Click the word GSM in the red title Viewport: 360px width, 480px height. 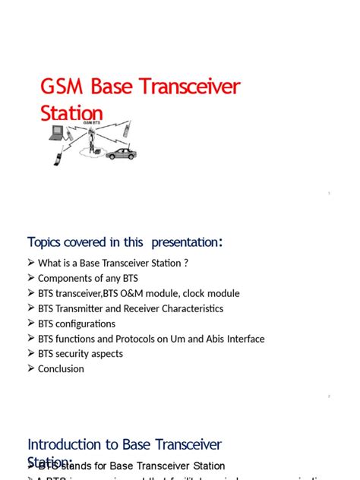pos(59,87)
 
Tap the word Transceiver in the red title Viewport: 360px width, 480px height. pos(192,87)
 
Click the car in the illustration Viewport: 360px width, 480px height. pos(121,153)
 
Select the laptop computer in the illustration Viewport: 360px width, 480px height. pos(57,133)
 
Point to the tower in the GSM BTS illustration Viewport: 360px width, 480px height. pos(91,141)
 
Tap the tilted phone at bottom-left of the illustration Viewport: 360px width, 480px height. pos(58,157)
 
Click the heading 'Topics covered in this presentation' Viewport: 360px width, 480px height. pos(125,242)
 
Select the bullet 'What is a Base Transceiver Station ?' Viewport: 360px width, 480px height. pos(112,264)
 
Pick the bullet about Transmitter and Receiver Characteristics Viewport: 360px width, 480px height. pos(130,308)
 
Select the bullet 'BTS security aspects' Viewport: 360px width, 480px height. pos(80,353)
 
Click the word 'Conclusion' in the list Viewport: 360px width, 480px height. pos(61,368)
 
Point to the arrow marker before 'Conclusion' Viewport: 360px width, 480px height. pos(31,368)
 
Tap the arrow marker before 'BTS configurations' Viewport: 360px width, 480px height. pos(31,324)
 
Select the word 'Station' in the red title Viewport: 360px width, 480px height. pos(71,113)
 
